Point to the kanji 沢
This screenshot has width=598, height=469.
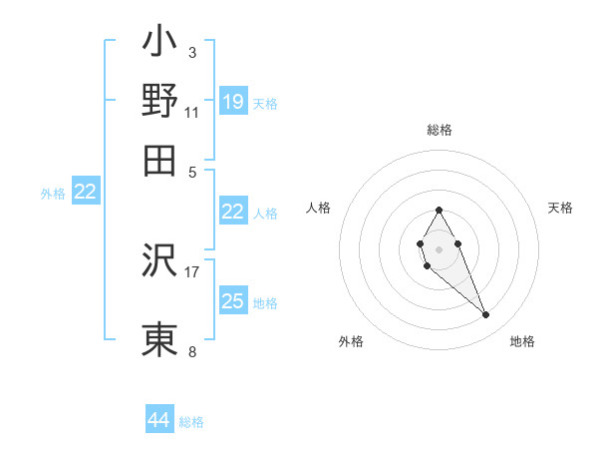click(160, 261)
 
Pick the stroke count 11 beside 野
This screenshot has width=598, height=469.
click(192, 112)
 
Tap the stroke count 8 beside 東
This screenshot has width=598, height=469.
click(192, 351)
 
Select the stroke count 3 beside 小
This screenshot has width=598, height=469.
click(192, 51)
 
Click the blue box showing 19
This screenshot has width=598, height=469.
click(233, 101)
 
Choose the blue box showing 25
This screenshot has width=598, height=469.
click(233, 300)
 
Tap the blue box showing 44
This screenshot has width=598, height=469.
click(159, 420)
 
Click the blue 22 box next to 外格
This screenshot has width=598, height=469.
click(86, 192)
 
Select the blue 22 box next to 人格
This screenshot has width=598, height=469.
click(233, 212)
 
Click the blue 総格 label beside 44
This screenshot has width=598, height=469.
click(191, 422)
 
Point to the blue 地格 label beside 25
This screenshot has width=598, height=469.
click(265, 302)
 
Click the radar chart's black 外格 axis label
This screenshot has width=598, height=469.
click(351, 341)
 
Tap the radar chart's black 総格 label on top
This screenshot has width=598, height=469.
click(440, 130)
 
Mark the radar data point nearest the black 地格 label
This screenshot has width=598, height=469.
click(486, 315)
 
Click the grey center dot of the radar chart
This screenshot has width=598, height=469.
click(439, 248)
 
